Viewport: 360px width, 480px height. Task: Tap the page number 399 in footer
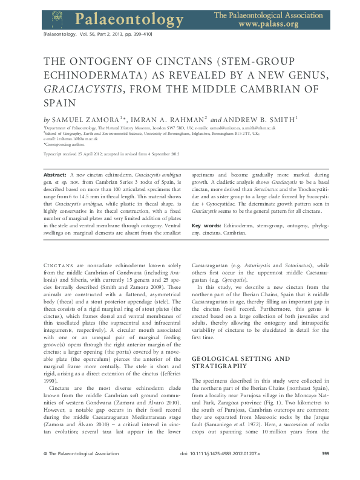coord(325,470)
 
